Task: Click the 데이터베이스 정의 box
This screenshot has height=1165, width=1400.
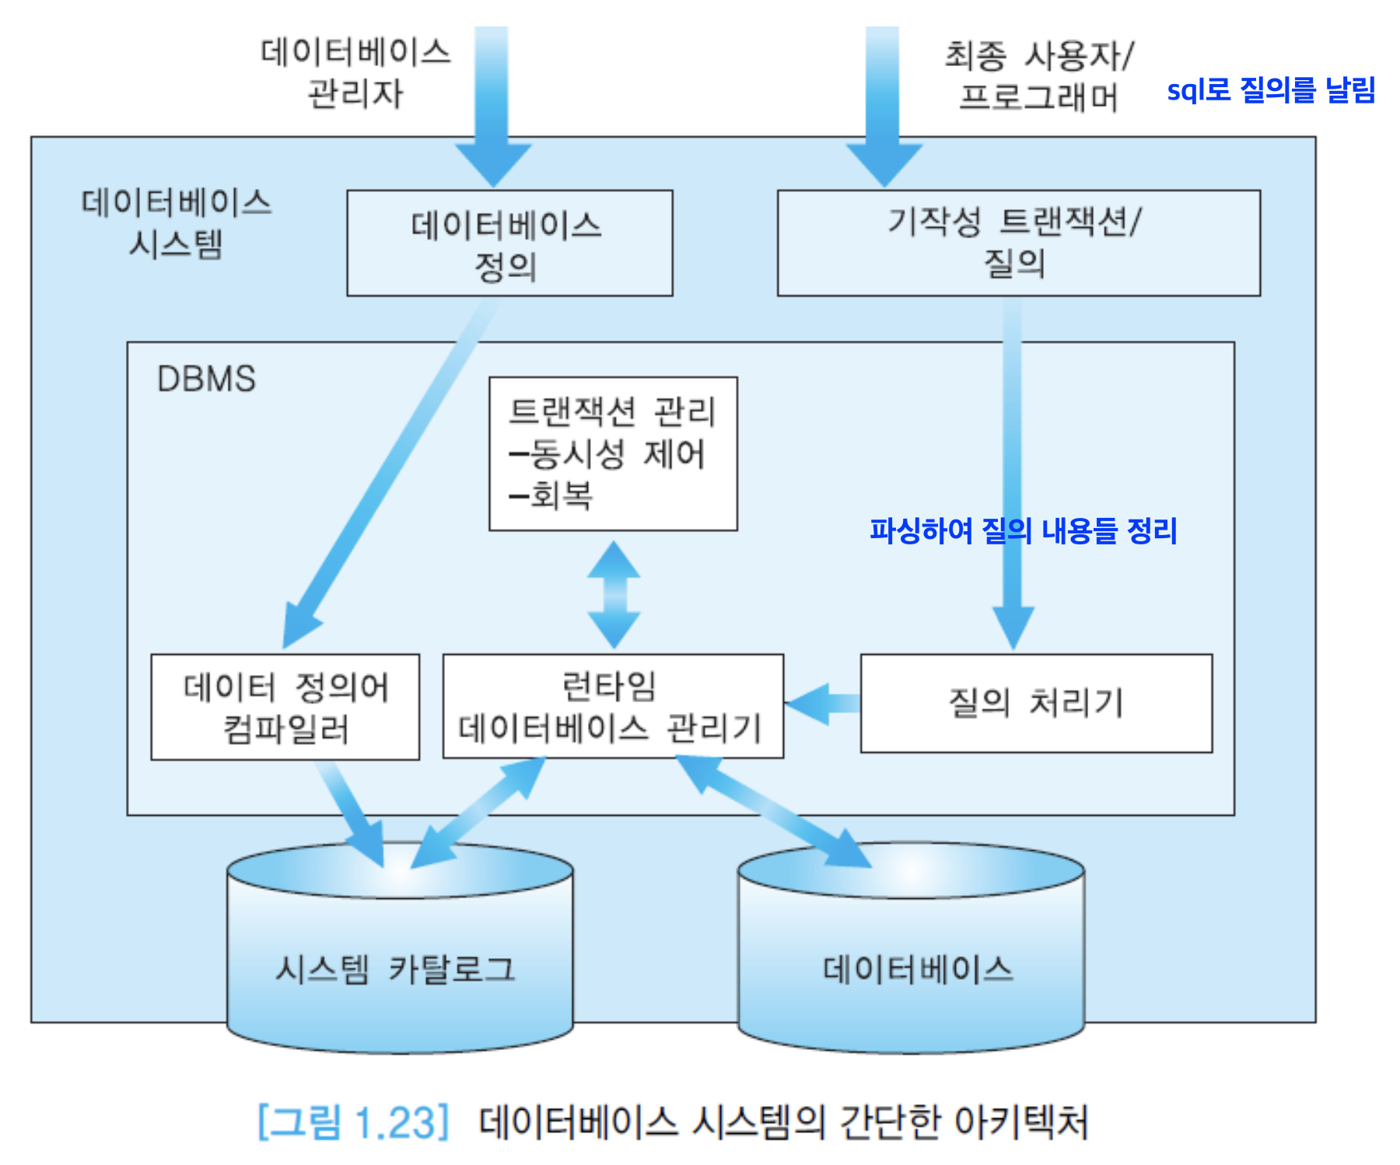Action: pos(509,243)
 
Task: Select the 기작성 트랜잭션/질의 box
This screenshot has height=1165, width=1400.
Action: pos(1018,243)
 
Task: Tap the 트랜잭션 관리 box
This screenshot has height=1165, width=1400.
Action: pos(613,453)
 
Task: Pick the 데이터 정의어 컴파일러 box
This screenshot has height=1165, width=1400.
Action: pos(285,707)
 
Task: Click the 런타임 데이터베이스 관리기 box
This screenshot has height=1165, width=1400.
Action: pos(612,706)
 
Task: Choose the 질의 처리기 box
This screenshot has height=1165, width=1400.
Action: pos(1035,703)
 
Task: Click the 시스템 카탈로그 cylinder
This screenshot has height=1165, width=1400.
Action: pos(399,969)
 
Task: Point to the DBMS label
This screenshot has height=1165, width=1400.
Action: pos(206,379)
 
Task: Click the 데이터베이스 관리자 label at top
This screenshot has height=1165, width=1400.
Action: pos(355,72)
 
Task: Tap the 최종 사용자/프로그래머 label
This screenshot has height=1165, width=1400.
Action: pos(1038,76)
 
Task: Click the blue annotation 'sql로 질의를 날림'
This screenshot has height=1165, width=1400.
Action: pos(1271,90)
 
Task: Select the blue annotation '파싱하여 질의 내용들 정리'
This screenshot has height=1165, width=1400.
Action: pos(1023,530)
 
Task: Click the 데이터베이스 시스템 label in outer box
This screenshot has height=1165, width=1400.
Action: pos(177,223)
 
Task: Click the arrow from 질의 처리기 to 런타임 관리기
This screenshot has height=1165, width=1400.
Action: pos(823,704)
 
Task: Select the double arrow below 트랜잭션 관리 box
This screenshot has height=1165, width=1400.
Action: pos(614,594)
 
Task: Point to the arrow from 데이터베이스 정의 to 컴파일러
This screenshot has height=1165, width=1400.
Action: pos(389,474)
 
